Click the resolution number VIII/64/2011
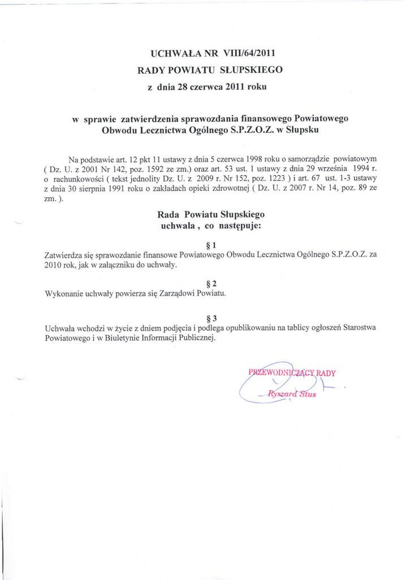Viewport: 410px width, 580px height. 249,54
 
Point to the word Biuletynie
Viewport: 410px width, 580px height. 111,338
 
